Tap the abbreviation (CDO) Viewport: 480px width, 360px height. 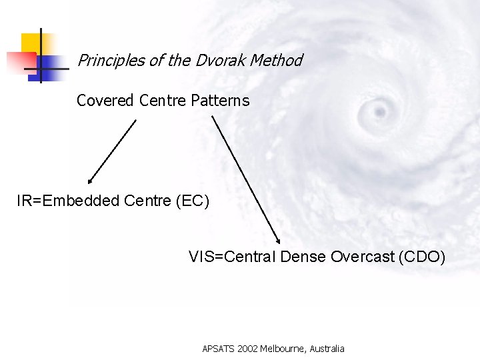click(x=421, y=257)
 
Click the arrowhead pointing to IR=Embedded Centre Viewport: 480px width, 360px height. click(x=90, y=180)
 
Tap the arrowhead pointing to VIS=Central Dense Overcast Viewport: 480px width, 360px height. click(x=277, y=242)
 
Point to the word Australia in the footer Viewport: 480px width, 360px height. click(x=325, y=349)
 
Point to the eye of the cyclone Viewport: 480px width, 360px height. click(x=380, y=109)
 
